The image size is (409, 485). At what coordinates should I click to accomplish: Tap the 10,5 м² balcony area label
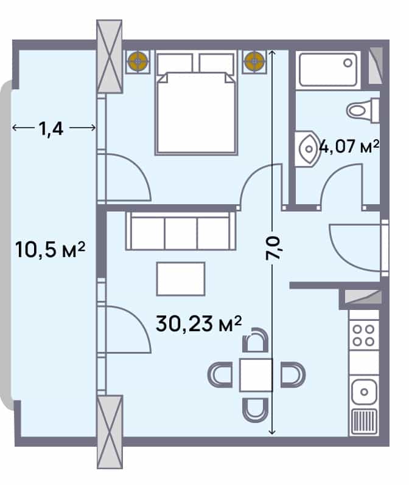point(50,249)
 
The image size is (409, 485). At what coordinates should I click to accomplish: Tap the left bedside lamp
point(139,61)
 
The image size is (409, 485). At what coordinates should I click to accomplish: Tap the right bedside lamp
point(254,61)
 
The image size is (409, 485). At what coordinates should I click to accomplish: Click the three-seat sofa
point(181,231)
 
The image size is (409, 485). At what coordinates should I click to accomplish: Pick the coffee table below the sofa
point(181,279)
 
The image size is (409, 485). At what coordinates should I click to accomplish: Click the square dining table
point(255,374)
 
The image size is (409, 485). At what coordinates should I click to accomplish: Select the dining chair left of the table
point(220,374)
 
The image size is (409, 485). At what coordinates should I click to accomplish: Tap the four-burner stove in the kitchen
point(364,334)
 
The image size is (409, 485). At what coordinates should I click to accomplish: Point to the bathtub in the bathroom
point(328,69)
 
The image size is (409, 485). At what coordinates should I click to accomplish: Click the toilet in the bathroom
point(363,110)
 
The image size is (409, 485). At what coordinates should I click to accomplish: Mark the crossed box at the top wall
point(110,57)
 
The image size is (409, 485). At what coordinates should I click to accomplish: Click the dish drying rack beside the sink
point(364,421)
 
